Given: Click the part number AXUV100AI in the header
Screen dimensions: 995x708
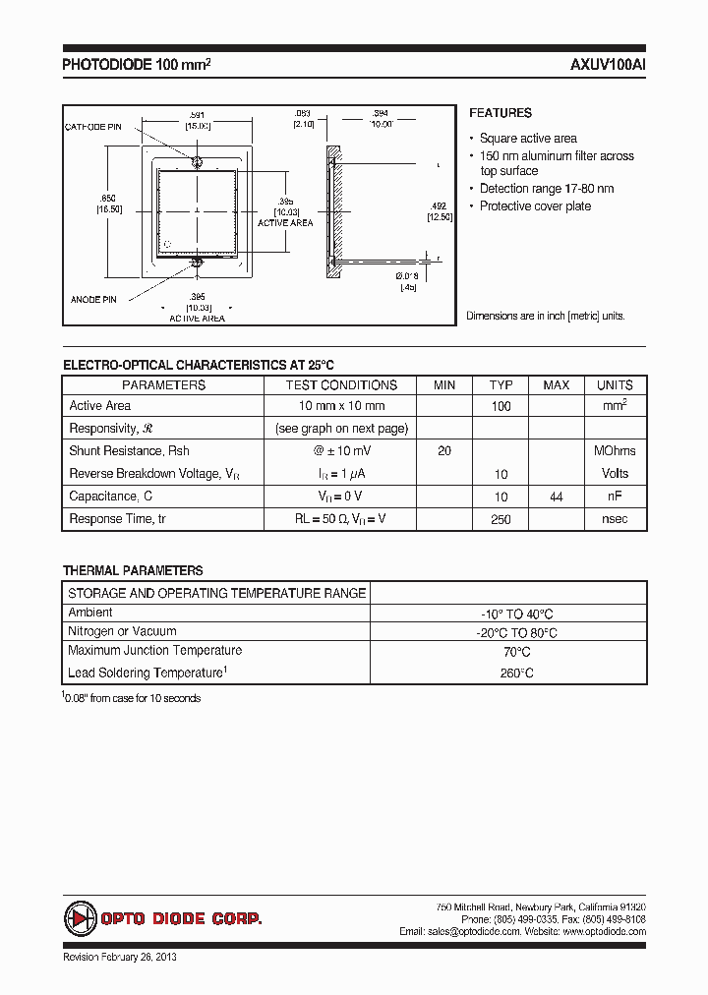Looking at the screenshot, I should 607,66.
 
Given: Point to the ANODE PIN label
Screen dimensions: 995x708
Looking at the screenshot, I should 94,298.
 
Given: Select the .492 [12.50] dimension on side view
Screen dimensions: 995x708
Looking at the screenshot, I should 439,211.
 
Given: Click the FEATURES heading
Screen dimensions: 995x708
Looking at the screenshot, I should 500,113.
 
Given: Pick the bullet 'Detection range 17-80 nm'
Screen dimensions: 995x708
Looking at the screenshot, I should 547,189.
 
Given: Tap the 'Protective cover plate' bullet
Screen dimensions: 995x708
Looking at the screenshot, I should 535,206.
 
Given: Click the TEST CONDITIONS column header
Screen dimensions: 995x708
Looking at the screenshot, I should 341,385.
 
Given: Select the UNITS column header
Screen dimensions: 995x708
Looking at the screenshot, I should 615,385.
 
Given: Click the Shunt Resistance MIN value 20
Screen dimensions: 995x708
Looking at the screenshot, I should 444,451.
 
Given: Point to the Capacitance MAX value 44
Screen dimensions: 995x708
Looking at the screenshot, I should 557,497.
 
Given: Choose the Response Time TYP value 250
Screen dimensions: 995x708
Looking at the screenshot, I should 501,520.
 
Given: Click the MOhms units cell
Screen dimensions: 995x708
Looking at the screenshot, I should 615,451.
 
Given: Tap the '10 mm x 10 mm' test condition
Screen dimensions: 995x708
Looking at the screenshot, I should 341,406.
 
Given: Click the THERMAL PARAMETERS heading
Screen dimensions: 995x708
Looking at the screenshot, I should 133,570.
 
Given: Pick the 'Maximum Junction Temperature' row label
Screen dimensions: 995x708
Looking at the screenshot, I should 154,651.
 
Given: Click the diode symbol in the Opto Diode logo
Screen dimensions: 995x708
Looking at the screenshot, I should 79,918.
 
